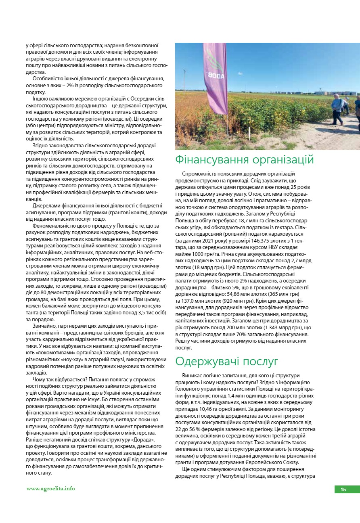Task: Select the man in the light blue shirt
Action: [x=337, y=107]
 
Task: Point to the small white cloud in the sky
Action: [x=283, y=61]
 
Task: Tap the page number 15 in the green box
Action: [x=343, y=490]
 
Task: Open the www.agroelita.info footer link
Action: [x=50, y=488]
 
